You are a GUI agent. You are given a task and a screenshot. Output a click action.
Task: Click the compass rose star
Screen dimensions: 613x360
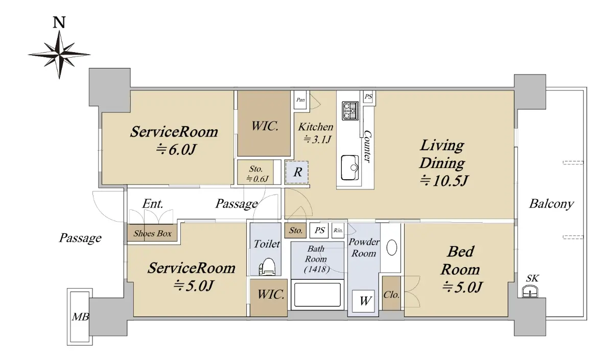59,55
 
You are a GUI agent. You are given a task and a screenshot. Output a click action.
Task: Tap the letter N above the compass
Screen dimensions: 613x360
59,22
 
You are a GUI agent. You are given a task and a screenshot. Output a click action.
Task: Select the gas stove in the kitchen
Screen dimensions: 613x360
350,110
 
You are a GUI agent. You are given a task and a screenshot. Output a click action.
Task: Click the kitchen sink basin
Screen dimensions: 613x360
350,167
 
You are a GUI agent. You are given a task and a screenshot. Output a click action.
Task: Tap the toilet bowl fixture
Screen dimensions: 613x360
267,267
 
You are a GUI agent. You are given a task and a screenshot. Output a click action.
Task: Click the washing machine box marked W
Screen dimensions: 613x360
363,301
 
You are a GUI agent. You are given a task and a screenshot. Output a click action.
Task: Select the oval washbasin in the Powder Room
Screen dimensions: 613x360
392,247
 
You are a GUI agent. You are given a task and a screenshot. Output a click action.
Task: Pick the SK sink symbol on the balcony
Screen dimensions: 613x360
530,291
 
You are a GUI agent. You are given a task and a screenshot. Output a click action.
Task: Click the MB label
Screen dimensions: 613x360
80,317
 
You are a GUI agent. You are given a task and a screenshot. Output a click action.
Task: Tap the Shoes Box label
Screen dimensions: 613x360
152,233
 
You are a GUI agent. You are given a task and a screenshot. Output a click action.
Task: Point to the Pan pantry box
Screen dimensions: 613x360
300,100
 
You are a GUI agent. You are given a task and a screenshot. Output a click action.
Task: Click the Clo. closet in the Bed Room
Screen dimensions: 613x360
391,293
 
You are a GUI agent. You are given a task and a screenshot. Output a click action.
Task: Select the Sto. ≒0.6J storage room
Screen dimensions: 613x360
255,173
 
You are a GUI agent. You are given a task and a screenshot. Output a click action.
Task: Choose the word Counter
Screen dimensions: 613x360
367,147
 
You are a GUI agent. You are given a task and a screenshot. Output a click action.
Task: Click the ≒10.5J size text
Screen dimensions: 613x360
443,181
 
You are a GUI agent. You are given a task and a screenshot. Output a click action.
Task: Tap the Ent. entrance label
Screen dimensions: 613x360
153,204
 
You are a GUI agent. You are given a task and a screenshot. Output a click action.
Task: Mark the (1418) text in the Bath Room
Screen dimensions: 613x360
317,269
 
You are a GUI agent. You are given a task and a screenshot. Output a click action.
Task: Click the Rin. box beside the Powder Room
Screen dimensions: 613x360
338,230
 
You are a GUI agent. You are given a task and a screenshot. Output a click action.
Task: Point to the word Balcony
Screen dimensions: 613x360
551,204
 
